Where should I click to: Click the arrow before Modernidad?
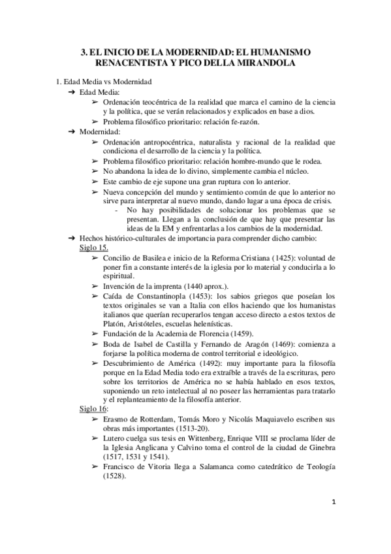click(x=71, y=131)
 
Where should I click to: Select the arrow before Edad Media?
click(x=71, y=93)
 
